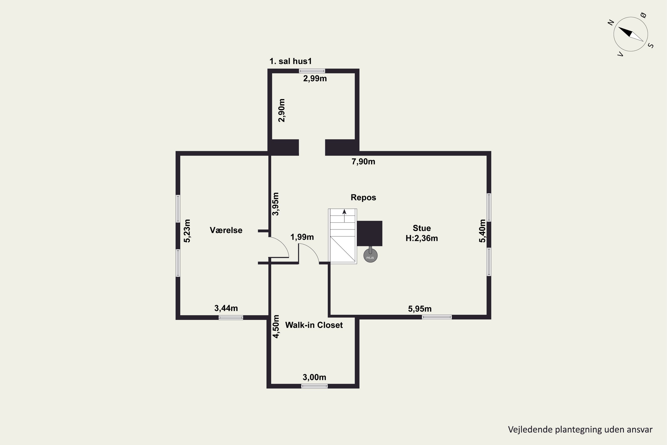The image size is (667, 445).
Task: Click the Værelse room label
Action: tap(226, 230)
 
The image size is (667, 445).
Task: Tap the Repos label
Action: tap(363, 198)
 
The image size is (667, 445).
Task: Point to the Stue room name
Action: tap(422, 228)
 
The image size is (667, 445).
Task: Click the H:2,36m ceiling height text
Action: tap(422, 238)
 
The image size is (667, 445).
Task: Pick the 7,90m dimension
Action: tap(363, 162)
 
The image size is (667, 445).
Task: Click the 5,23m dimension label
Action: tap(187, 231)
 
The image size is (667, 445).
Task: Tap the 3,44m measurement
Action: tap(226, 308)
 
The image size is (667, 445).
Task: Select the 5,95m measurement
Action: tap(420, 309)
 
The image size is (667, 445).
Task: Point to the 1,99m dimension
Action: tap(302, 237)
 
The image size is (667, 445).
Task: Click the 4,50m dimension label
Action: tap(276, 326)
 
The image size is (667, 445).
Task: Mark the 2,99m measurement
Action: tap(315, 79)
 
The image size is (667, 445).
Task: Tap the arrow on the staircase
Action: tap(344, 216)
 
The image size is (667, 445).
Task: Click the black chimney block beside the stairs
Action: tap(370, 233)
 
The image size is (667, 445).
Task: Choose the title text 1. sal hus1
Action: tap(290, 61)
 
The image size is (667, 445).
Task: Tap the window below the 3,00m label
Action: tap(314, 386)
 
